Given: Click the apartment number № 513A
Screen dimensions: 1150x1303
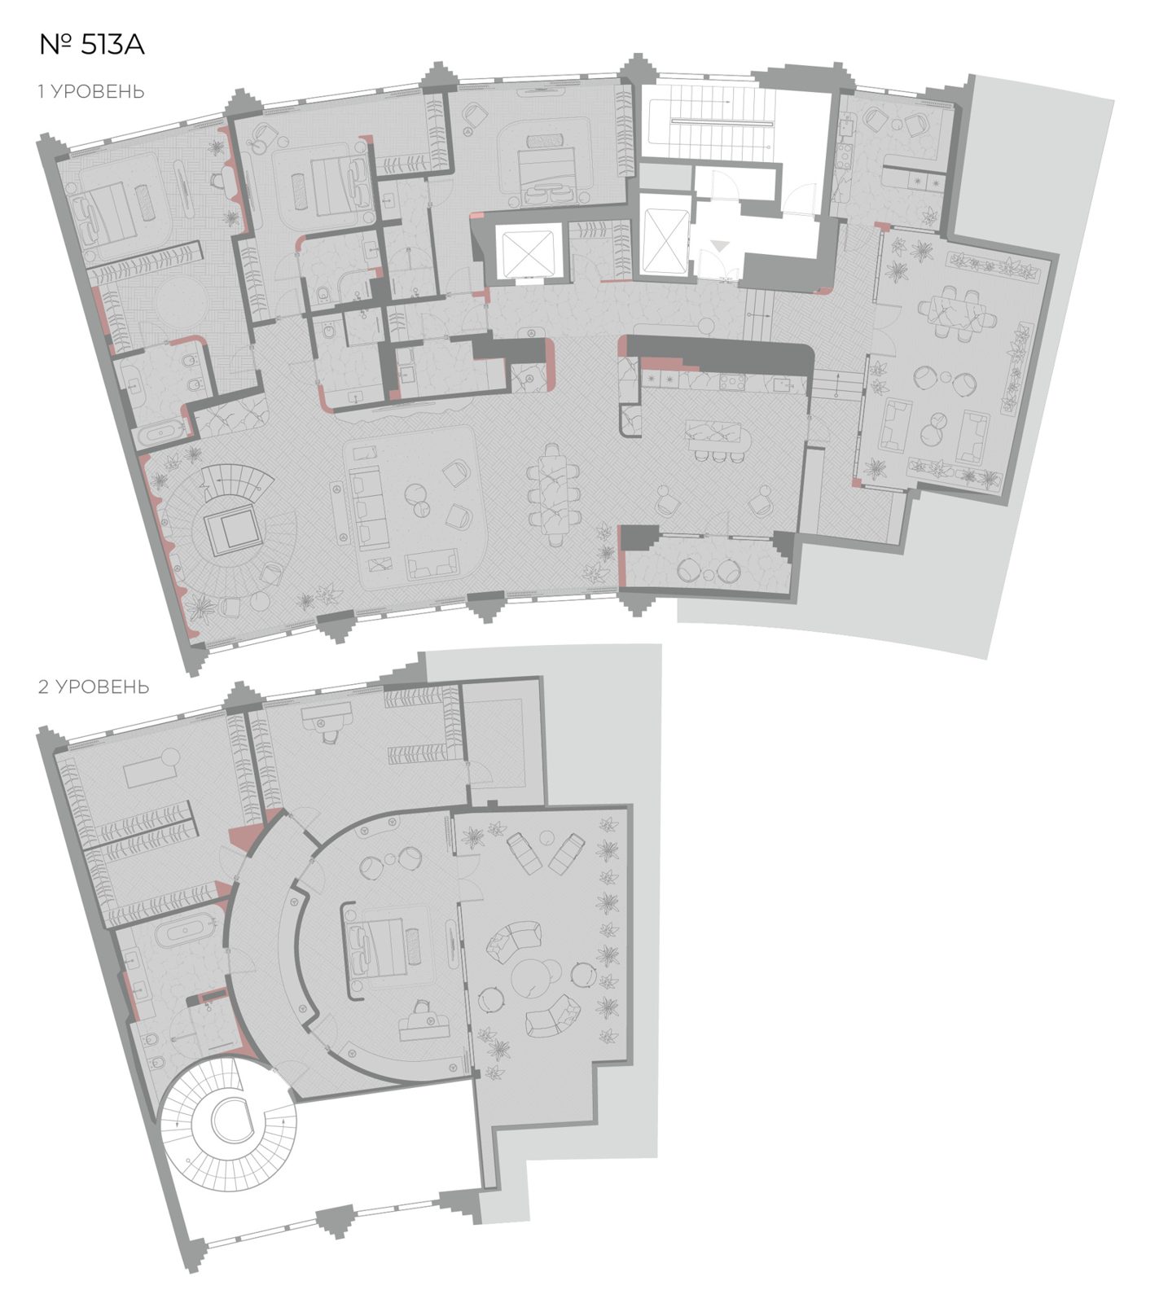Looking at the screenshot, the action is (91, 45).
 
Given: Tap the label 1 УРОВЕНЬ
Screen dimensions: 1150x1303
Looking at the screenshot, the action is (91, 91).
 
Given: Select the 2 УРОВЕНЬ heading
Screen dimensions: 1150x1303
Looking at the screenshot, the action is (94, 687).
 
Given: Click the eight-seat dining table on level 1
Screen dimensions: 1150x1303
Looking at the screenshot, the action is (554, 494).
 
